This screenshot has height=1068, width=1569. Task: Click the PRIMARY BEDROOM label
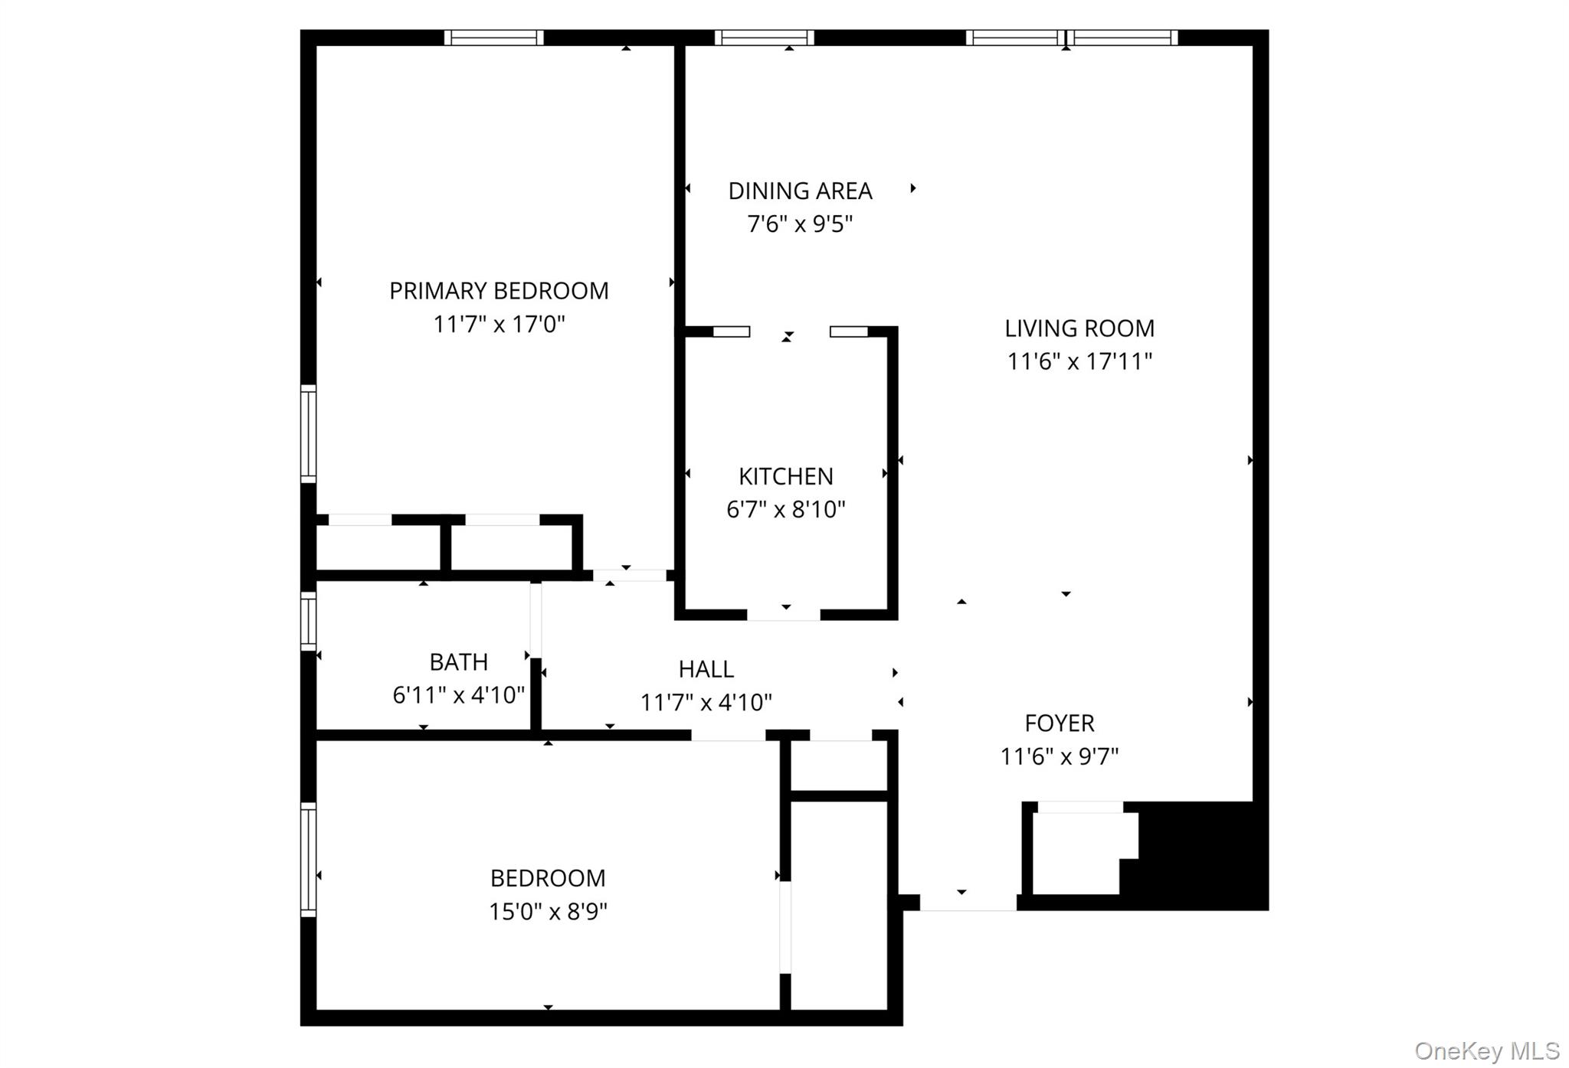click(499, 291)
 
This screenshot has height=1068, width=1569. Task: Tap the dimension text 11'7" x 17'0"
click(499, 325)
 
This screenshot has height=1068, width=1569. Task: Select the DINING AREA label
click(800, 191)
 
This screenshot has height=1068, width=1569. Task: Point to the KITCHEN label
click(785, 476)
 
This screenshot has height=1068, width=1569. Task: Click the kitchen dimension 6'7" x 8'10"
click(785, 509)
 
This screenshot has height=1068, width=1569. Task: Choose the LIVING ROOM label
click(1079, 328)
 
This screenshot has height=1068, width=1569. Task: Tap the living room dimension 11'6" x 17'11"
click(1079, 361)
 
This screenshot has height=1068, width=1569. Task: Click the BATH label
click(458, 661)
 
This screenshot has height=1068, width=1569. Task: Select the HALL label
click(706, 669)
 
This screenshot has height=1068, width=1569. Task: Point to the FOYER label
click(1059, 723)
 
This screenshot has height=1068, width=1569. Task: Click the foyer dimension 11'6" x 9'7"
click(1059, 756)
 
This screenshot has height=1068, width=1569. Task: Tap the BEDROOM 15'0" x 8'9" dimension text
click(548, 912)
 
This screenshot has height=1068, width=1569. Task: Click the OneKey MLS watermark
click(1486, 1050)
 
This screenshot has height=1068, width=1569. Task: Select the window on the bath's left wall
click(308, 620)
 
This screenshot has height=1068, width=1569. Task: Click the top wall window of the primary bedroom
click(494, 38)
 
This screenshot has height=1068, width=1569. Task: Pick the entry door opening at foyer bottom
click(968, 903)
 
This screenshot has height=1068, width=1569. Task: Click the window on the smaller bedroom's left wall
click(308, 859)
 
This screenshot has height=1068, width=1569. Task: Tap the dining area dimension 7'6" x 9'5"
click(800, 224)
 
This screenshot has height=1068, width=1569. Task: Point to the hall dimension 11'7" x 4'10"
click(706, 702)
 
